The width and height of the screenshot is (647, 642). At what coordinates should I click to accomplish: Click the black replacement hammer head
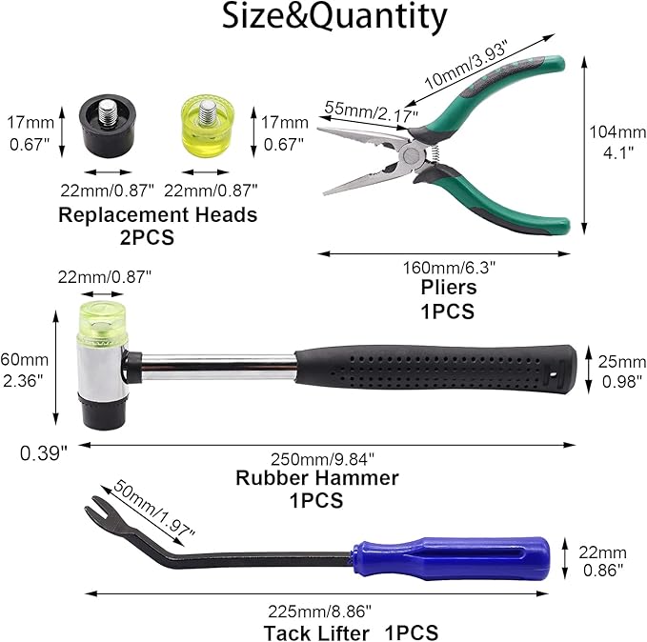pyautogui.click(x=108, y=127)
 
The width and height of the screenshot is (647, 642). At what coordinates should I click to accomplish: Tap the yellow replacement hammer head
pyautogui.click(x=208, y=127)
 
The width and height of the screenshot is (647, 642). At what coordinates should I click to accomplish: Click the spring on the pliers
pyautogui.click(x=434, y=155)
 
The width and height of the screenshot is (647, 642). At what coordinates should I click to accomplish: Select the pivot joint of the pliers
pyautogui.click(x=412, y=156)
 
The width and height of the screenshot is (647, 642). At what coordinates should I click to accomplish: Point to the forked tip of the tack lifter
pyautogui.click(x=95, y=509)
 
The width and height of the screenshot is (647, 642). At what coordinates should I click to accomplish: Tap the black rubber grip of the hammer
pyautogui.click(x=435, y=368)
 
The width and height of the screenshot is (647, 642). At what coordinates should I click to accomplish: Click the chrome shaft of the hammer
pyautogui.click(x=218, y=367)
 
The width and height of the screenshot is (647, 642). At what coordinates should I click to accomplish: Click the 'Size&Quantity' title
pyautogui.click(x=334, y=16)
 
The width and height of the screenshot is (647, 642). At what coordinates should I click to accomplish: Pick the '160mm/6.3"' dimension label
pyautogui.click(x=449, y=268)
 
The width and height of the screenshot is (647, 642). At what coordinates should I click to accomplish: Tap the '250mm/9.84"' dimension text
pyautogui.click(x=322, y=459)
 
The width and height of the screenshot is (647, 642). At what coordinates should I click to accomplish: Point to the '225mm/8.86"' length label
pyautogui.click(x=319, y=612)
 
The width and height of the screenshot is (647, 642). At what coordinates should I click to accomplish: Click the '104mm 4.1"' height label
pyautogui.click(x=617, y=142)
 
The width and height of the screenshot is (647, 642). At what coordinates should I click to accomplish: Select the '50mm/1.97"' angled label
pyautogui.click(x=153, y=509)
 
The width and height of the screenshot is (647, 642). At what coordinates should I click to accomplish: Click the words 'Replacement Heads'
pyautogui.click(x=157, y=214)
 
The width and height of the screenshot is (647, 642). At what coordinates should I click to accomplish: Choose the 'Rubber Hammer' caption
pyautogui.click(x=317, y=478)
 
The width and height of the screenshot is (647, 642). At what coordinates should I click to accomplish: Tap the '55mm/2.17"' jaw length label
pyautogui.click(x=371, y=111)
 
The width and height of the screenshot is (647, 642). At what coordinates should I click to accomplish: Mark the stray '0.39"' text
pyautogui.click(x=43, y=453)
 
